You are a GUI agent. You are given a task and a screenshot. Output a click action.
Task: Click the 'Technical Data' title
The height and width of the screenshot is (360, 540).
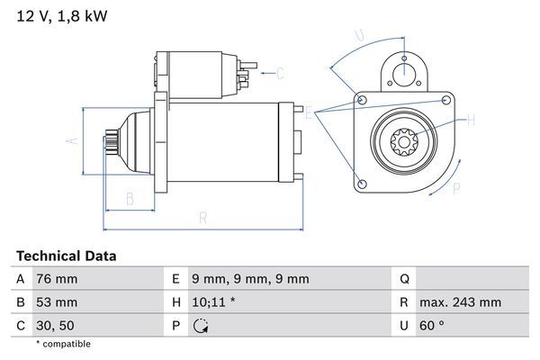(66, 256)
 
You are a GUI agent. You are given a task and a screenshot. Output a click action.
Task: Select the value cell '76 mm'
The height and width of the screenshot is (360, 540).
(56, 279)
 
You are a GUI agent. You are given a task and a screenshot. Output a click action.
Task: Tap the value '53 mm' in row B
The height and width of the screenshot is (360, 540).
(56, 302)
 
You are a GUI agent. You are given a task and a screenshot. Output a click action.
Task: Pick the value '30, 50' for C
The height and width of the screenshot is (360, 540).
(55, 325)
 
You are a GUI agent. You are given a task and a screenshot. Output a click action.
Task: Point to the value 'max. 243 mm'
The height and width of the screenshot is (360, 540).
(463, 302)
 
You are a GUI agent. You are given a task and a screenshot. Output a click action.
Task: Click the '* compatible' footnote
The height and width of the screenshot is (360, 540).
(63, 344)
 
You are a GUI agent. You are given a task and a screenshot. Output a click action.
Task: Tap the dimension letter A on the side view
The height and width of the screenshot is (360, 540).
(75, 140)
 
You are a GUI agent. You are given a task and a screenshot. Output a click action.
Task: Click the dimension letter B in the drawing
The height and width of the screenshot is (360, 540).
(130, 198)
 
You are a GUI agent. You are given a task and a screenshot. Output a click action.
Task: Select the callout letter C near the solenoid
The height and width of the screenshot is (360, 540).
(280, 73)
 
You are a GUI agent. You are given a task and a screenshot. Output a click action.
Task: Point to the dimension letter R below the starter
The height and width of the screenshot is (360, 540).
(203, 218)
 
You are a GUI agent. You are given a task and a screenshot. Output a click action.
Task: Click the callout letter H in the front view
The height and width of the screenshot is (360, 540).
(471, 119)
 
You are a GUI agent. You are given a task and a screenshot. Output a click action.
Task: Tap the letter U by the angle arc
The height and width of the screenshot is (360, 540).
(360, 36)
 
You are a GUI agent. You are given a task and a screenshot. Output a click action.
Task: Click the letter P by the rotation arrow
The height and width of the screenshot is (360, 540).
(456, 188)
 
